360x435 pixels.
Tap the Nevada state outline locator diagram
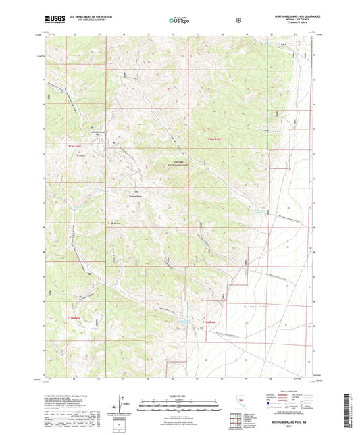click(x=241, y=403)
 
